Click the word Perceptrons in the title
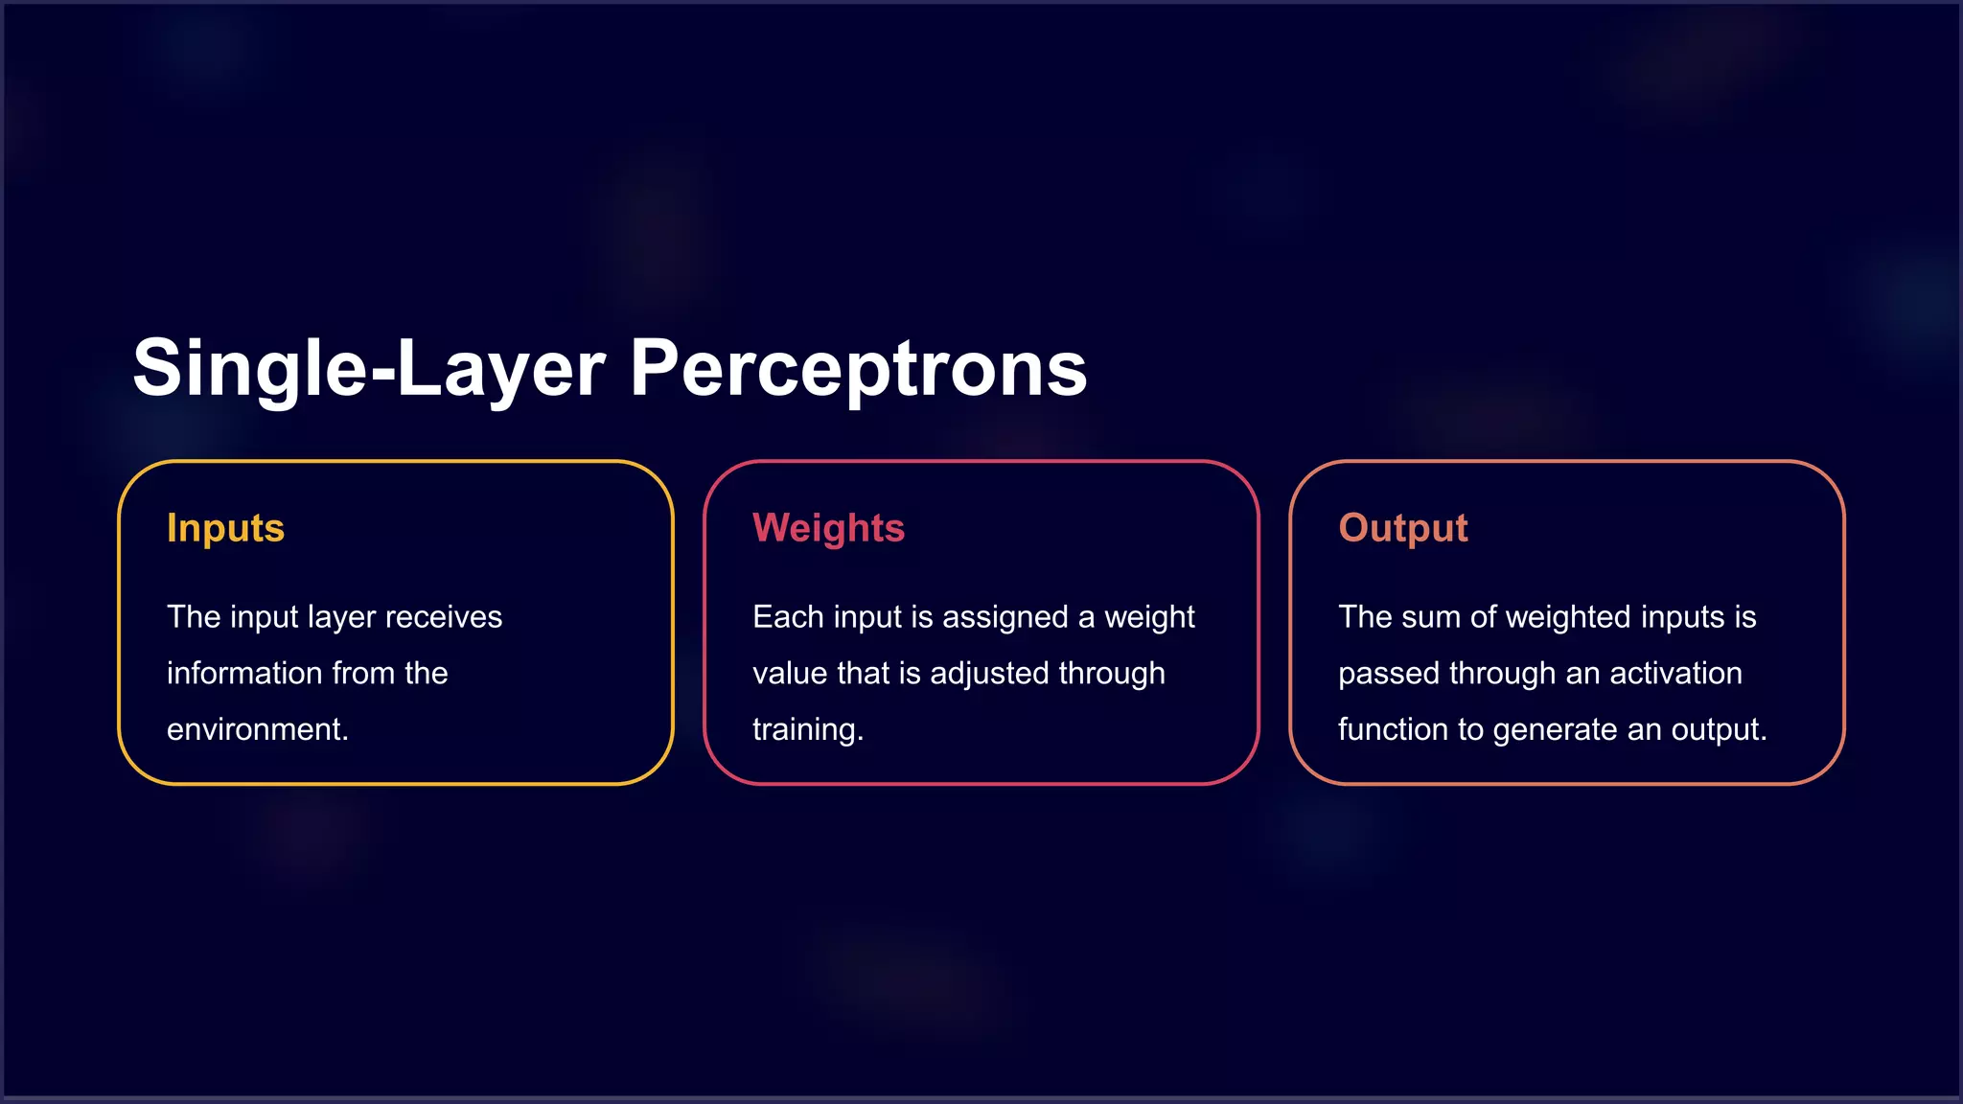click(858, 369)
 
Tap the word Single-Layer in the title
click(369, 369)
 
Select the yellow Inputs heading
click(225, 528)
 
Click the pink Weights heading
click(828, 528)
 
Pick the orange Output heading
click(1402, 528)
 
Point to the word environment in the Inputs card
click(255, 730)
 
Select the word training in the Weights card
click(805, 730)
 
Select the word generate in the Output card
click(1555, 730)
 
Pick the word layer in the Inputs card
click(340, 617)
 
